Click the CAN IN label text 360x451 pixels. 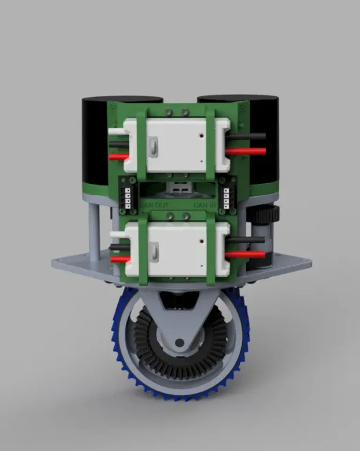pos(206,205)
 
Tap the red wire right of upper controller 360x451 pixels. pos(247,151)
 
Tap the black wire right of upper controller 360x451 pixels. pos(247,137)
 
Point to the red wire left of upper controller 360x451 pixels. pos(118,157)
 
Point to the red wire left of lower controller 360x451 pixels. pos(120,259)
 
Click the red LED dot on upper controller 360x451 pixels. pos(201,136)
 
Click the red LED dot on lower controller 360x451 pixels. pos(201,241)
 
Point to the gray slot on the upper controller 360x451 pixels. pos(152,146)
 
